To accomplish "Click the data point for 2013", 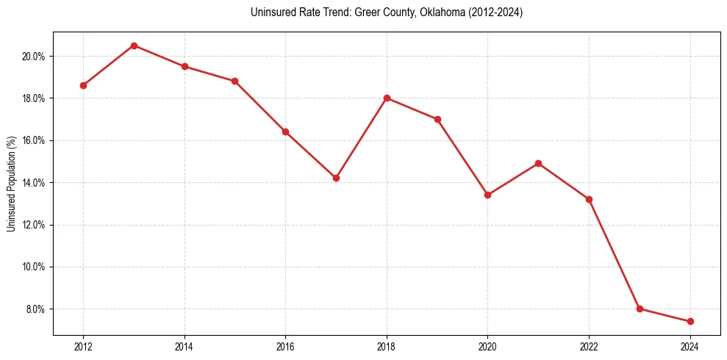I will tap(134, 46).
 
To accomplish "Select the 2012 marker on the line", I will tap(83, 85).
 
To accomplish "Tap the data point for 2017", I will tap(336, 178).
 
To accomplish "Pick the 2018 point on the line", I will tap(387, 98).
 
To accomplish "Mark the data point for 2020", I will tap(487, 195).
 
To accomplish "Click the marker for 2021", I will tap(538, 163).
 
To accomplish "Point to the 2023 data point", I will tap(640, 309).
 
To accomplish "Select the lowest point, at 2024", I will tap(690, 321).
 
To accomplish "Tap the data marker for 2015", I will tap(234, 81).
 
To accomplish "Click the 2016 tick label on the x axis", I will tap(285, 347).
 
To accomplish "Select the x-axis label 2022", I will tap(589, 347).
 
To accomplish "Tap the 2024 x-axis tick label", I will tap(690, 347).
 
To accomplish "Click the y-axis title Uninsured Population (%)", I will tap(12, 183).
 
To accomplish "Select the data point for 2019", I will tap(437, 119).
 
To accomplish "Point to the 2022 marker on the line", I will tap(589, 199).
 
